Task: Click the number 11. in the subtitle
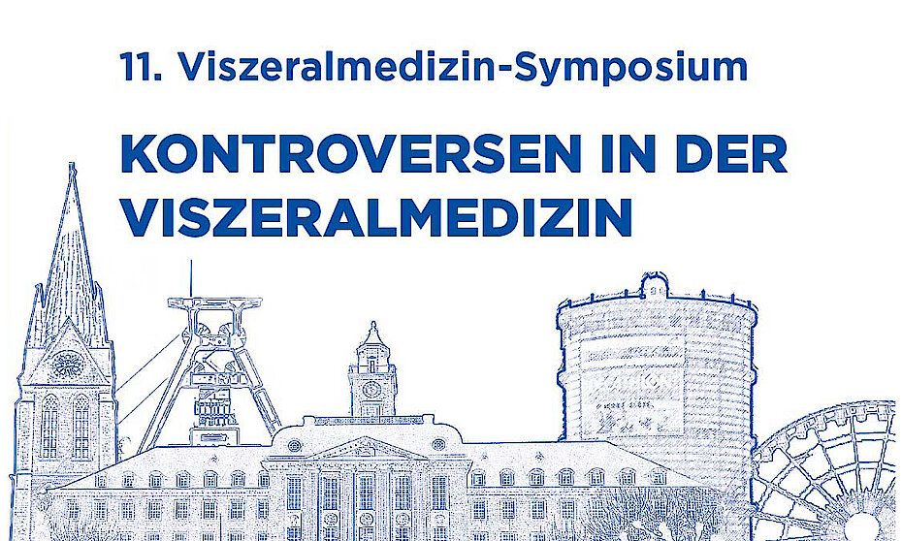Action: point(141,67)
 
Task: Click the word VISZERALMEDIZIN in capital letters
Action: point(376,217)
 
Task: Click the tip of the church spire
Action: point(72,163)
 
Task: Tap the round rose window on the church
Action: point(68,364)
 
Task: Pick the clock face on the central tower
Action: point(371,389)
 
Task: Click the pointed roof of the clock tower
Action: point(372,334)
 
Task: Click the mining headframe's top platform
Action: point(214,303)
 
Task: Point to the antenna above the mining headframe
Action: point(191,278)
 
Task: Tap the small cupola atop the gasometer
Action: point(655,285)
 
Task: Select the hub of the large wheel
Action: point(861,527)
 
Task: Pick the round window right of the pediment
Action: point(438,444)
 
